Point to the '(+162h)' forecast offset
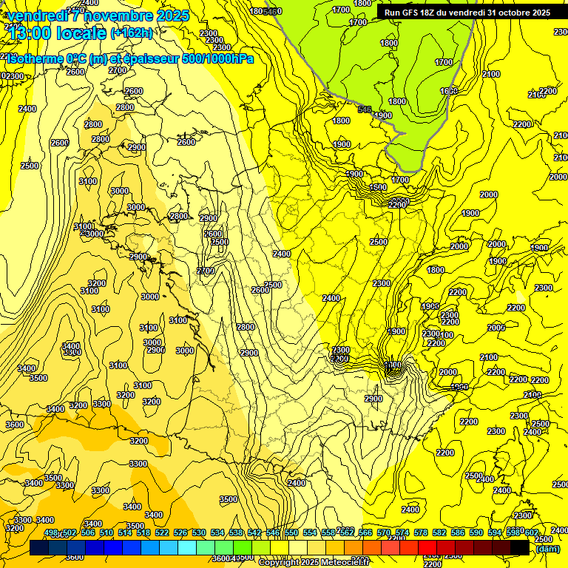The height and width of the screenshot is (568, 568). point(132,33)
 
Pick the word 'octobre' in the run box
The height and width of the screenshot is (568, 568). point(517,13)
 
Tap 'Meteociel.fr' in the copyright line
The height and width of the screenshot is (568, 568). point(339,563)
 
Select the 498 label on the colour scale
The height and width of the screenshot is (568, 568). point(51,532)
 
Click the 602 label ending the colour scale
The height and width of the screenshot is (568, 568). point(532,532)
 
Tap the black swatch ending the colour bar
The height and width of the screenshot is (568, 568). point(520,547)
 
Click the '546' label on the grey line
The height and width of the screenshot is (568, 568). point(364,109)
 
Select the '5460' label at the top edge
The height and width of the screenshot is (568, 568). point(272,11)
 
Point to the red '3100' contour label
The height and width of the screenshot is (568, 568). point(177,320)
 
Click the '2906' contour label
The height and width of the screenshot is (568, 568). point(155,350)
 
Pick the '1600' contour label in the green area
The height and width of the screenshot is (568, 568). point(449,91)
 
